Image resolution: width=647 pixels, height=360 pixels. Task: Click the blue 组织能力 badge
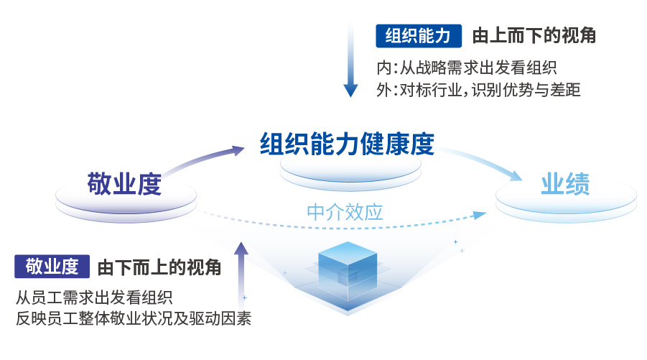point(419,36)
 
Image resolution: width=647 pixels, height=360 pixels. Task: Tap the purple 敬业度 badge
point(52,267)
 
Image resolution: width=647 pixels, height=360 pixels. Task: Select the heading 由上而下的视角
point(534,35)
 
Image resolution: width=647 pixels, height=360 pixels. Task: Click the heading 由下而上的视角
point(159,267)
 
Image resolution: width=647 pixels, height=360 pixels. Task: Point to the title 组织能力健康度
point(347,144)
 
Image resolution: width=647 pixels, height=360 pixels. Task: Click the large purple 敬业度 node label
point(124,184)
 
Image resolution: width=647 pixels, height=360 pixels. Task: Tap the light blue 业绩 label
point(565,184)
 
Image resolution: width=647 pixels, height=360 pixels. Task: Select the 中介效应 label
point(345,212)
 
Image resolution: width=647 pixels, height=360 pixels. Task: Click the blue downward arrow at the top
point(350,57)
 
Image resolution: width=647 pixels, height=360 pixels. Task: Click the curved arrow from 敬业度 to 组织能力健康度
point(203,159)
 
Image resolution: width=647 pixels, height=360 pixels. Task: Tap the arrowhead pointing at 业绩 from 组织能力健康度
point(516,175)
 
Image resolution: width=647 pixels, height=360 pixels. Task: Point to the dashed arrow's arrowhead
point(480,215)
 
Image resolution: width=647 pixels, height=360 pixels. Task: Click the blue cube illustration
point(348,272)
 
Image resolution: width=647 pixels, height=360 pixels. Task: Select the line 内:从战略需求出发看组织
point(467,68)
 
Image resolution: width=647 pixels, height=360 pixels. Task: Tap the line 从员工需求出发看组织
point(94,297)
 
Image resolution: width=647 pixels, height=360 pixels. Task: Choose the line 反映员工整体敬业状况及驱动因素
point(134,318)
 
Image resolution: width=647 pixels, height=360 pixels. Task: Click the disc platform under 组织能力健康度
point(350,173)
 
